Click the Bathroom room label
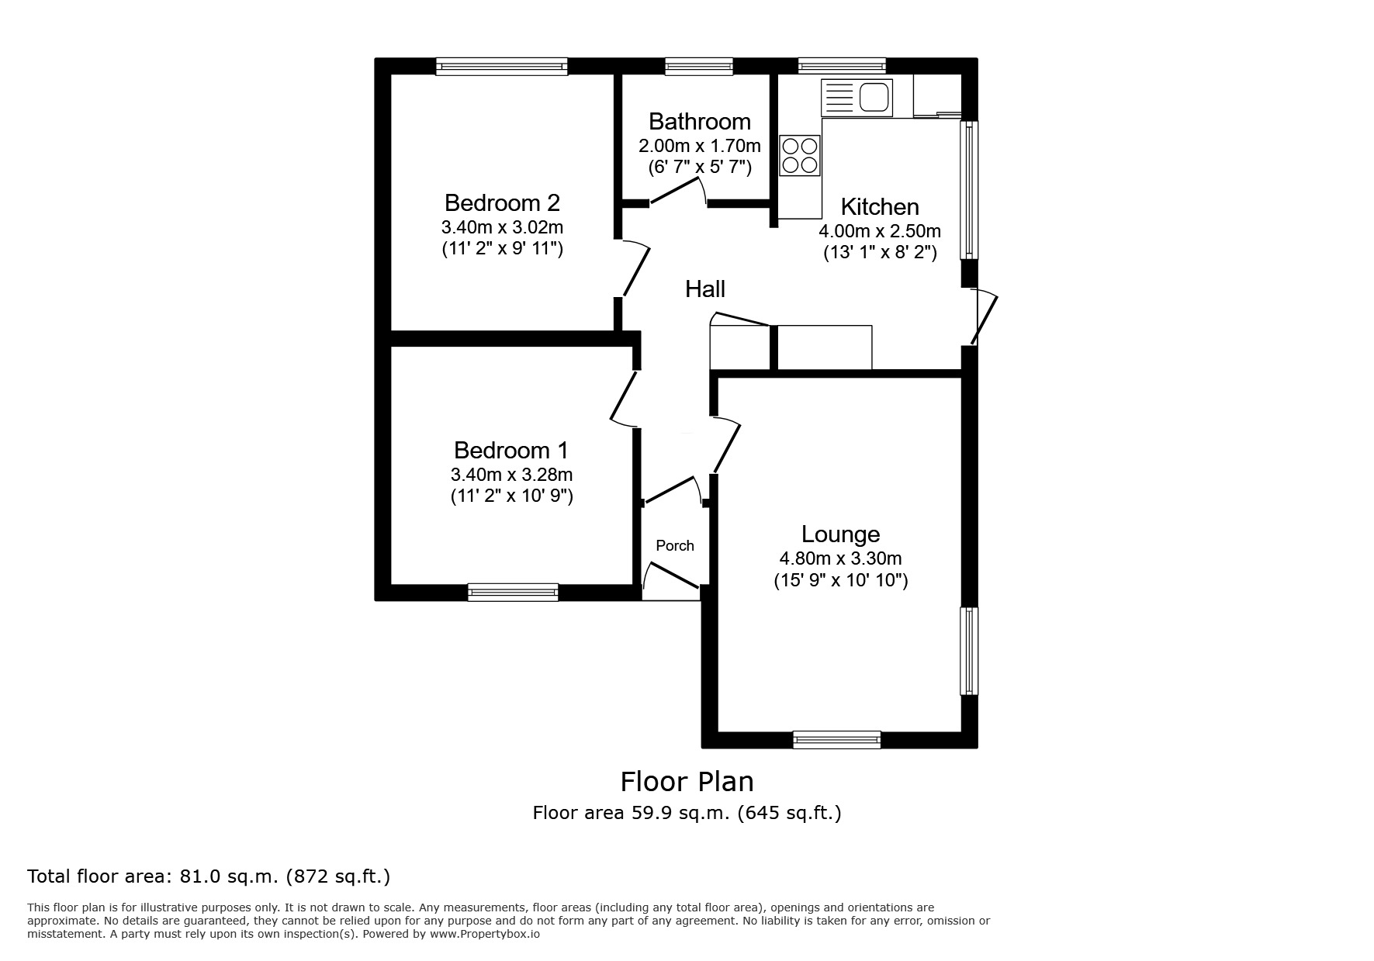699,122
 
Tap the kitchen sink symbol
857,98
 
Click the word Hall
704,289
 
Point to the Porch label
674,545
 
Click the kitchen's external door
984,316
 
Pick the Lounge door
725,444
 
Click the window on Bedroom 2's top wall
501,67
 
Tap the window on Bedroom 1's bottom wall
513,593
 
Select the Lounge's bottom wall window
836,740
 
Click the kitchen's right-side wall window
969,189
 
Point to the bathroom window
698,67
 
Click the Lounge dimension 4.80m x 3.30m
840,558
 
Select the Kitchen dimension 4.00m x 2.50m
880,231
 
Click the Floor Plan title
687,781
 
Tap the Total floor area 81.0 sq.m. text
209,876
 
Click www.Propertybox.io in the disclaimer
485,934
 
